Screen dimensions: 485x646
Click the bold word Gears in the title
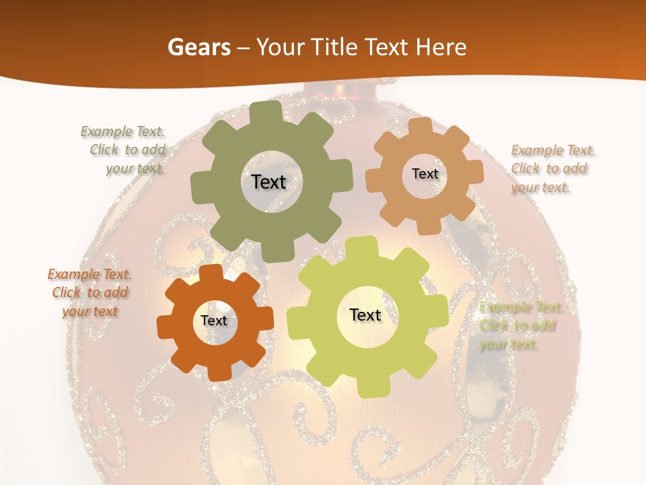click(x=199, y=47)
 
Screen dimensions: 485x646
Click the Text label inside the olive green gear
click(x=268, y=182)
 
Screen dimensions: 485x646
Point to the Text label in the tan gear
click(x=425, y=174)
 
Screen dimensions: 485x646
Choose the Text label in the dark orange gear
click(x=214, y=321)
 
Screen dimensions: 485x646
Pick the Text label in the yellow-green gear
click(x=365, y=315)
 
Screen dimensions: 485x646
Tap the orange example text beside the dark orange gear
click(x=89, y=293)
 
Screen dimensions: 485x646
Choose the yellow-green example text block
click(x=519, y=326)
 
